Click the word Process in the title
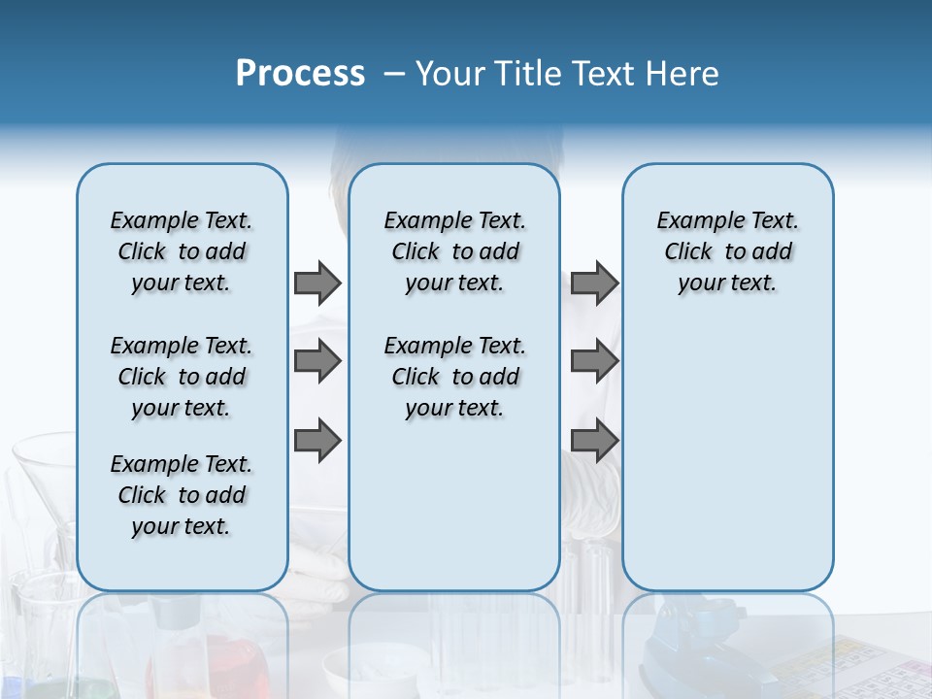click(300, 74)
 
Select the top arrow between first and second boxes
click(317, 283)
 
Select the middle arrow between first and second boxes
click(317, 361)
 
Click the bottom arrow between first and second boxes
click(317, 440)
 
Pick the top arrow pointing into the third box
click(594, 283)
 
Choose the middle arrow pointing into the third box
click(594, 361)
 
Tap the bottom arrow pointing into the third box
click(594, 440)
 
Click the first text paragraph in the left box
click(182, 251)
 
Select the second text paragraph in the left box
click(182, 377)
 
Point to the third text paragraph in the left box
click(182, 495)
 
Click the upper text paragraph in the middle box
click(454, 251)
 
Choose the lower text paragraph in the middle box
click(454, 377)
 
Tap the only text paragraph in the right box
click(727, 251)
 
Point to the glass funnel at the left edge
click(44, 476)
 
